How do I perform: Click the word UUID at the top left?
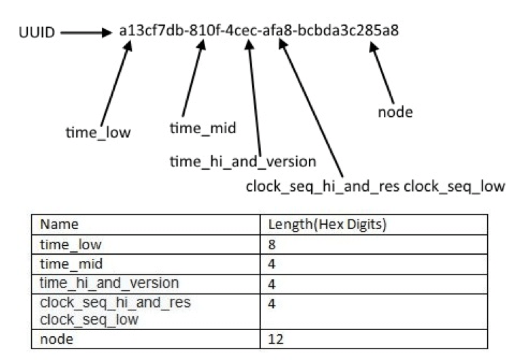tap(37, 32)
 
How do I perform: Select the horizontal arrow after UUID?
tap(86, 33)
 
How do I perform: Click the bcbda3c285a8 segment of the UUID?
tap(348, 31)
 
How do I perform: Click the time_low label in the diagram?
tap(99, 132)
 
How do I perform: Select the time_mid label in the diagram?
tap(202, 128)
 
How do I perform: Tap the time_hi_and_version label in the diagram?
tap(243, 161)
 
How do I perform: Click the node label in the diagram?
tap(395, 112)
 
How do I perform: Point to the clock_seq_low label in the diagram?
tap(455, 186)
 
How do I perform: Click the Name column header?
tap(59, 224)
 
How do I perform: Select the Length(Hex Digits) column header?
tap(327, 224)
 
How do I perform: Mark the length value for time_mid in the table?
tap(272, 264)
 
